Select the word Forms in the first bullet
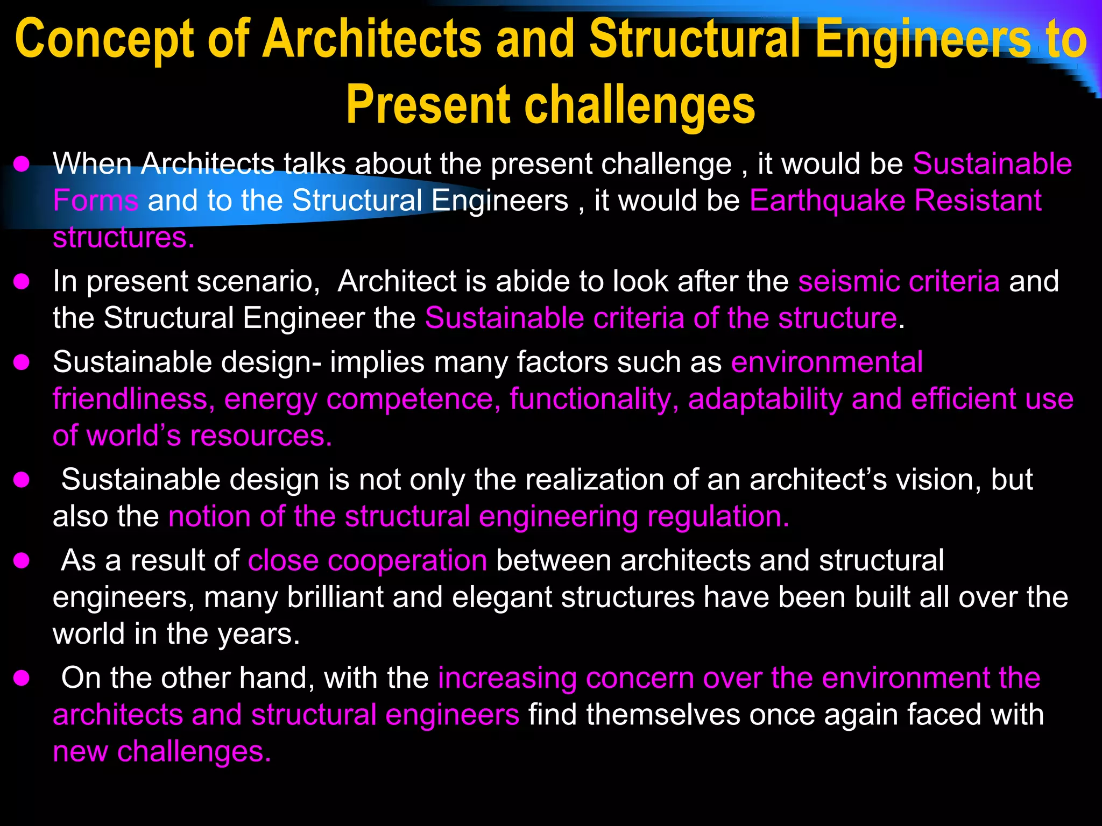click(x=96, y=201)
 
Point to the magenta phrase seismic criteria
click(x=899, y=281)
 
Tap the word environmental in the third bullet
click(x=827, y=362)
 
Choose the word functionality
click(x=594, y=399)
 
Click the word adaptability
click(x=765, y=399)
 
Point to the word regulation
click(x=718, y=516)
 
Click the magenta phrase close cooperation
click(x=368, y=560)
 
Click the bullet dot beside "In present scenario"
click(x=22, y=282)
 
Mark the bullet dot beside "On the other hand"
click(x=22, y=678)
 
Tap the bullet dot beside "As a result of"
click(x=22, y=561)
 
